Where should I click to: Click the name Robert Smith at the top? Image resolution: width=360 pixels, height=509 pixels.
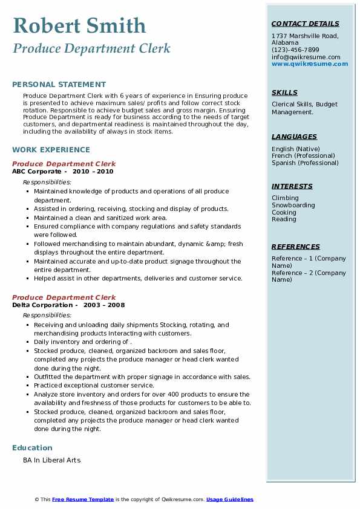click(x=79, y=25)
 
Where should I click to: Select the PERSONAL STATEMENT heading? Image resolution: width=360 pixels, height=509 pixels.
click(x=59, y=85)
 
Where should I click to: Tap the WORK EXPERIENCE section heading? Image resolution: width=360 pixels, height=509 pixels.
click(x=51, y=149)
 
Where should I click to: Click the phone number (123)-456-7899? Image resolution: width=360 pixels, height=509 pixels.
click(x=295, y=50)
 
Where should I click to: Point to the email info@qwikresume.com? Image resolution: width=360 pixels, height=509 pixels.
click(x=306, y=57)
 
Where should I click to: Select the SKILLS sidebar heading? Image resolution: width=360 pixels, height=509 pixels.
click(x=284, y=92)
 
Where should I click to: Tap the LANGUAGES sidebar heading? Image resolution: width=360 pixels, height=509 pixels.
click(x=294, y=137)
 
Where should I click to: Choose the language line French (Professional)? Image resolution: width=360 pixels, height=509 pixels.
click(x=304, y=156)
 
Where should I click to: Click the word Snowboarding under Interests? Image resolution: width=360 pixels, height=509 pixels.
click(x=293, y=205)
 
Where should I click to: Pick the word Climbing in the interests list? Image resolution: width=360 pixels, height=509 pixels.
click(x=285, y=198)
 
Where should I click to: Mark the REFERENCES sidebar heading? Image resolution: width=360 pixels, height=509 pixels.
click(x=296, y=247)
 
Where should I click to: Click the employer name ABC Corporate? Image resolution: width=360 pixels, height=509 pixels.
click(x=37, y=171)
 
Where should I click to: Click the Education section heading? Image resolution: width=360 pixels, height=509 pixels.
click(x=32, y=448)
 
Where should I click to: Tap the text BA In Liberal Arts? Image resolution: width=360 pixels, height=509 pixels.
click(x=51, y=460)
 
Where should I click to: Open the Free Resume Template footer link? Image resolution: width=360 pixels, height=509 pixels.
click(x=83, y=499)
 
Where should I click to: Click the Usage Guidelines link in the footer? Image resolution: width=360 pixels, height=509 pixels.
click(x=230, y=499)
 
